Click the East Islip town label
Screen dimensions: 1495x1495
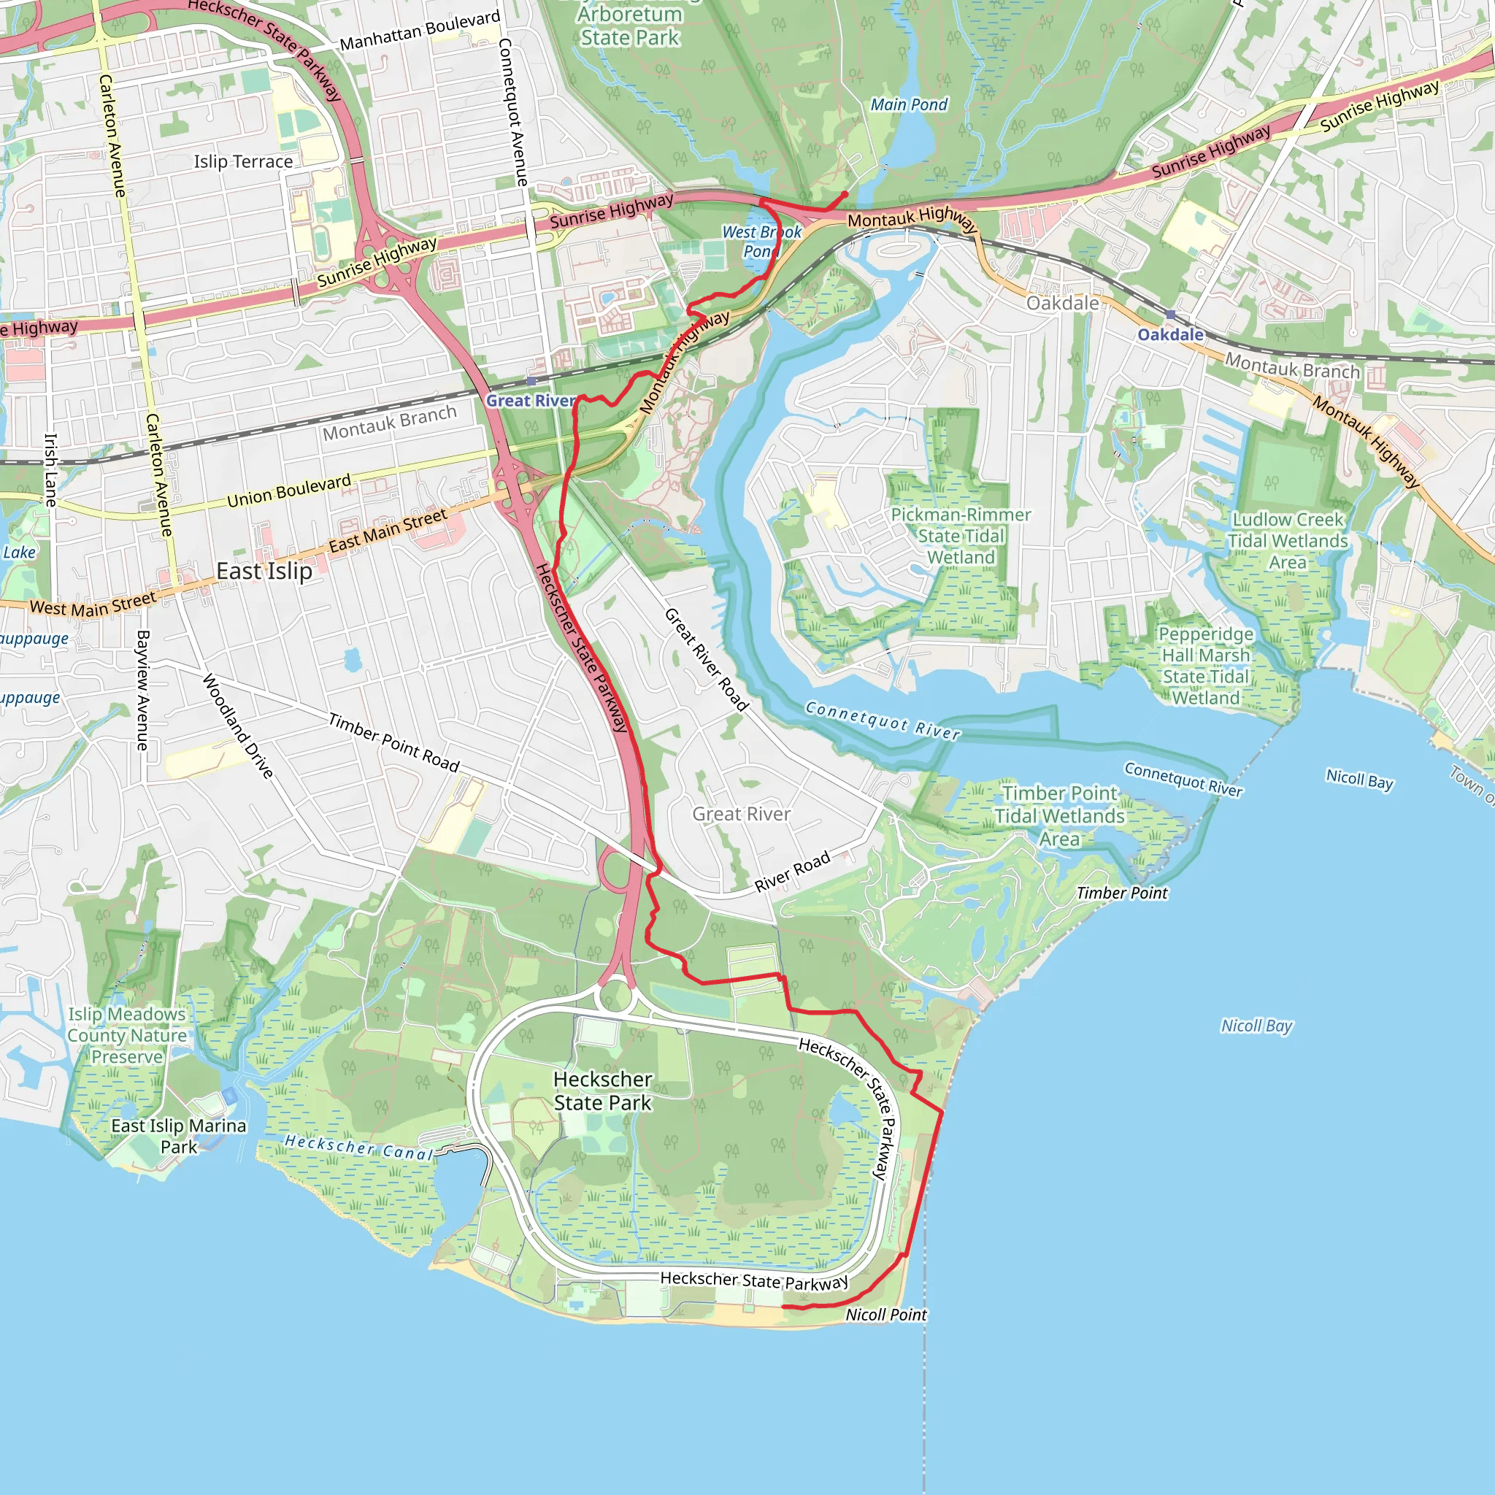264,571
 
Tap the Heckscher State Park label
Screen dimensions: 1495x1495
603,1091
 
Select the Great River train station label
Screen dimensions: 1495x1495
531,401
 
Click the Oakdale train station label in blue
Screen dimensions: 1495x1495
1170,334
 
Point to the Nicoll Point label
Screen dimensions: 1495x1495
885,1315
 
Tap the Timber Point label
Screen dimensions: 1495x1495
1121,893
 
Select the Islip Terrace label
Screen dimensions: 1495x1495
243,162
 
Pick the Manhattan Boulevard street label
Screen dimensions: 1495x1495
420,31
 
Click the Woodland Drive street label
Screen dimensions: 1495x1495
237,726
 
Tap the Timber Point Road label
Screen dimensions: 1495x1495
394,742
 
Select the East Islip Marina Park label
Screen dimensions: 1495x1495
179,1136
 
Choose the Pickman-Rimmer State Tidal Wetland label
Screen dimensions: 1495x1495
961,536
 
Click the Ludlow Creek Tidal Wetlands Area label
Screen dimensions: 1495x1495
1288,541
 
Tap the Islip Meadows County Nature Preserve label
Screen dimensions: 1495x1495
127,1035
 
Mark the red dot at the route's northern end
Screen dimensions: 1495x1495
845,195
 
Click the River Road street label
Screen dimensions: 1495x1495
791,872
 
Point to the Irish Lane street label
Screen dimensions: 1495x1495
50,469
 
